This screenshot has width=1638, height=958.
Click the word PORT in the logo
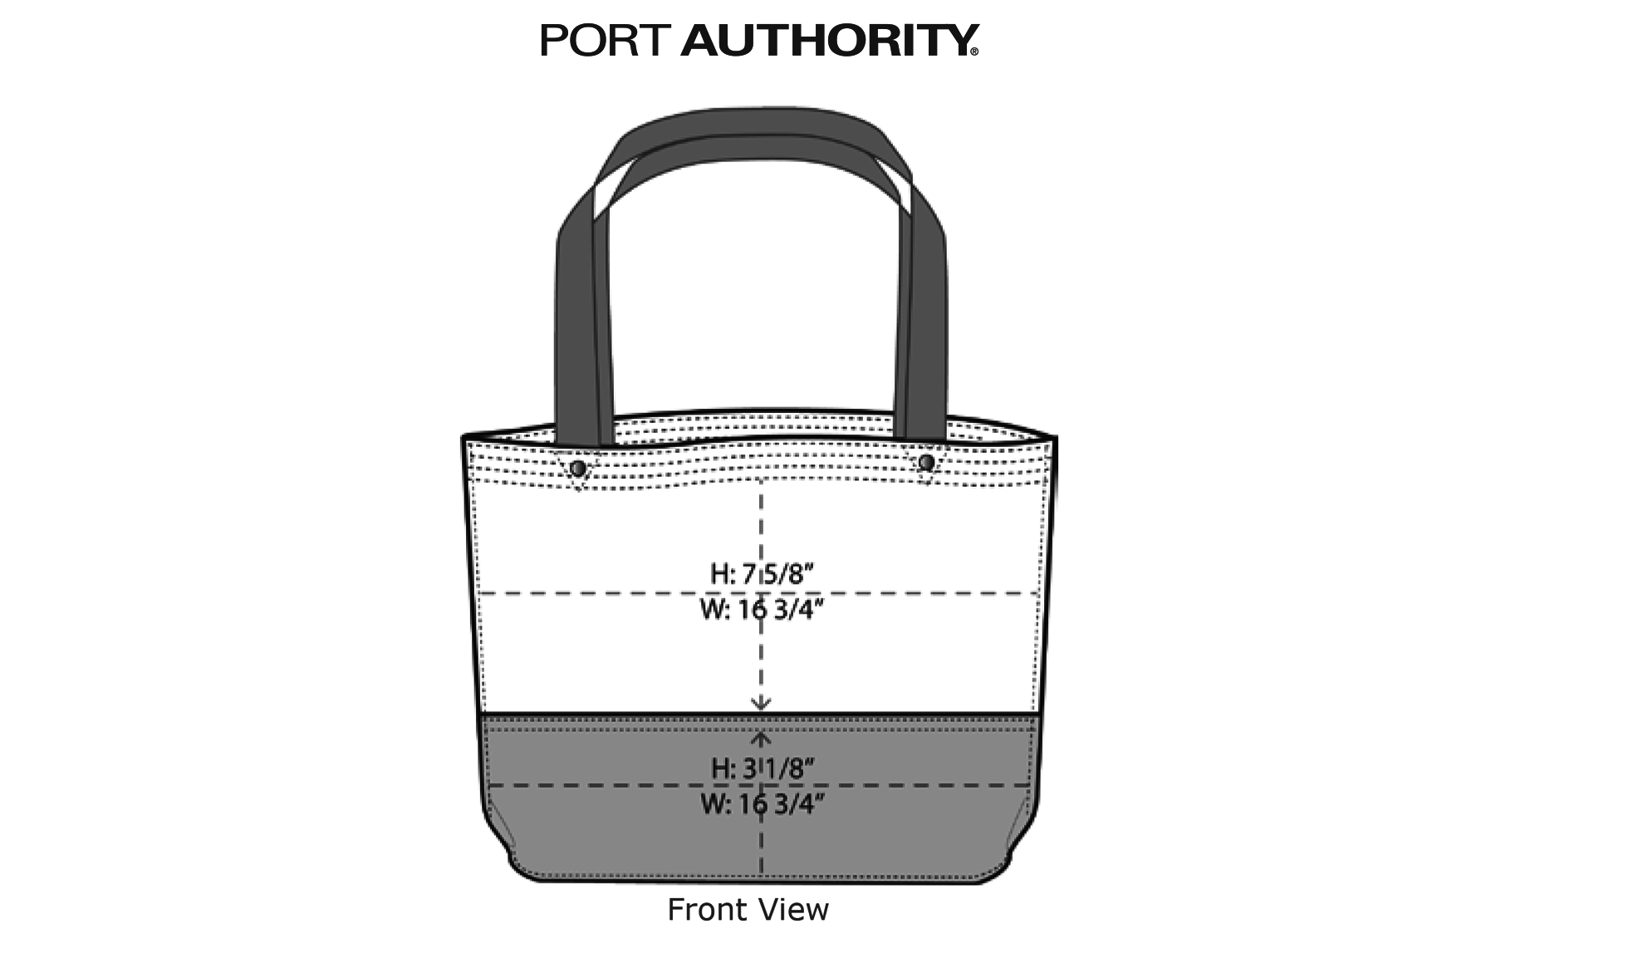(605, 40)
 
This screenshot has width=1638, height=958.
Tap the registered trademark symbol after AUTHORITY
(974, 52)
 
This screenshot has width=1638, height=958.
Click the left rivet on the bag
(578, 469)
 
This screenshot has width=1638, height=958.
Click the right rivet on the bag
(926, 462)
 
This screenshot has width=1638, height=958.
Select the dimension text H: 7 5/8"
(762, 573)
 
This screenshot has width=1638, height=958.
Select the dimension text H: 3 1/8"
(762, 769)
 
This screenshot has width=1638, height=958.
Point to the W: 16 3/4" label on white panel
(762, 610)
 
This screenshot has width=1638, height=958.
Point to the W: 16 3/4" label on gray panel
(762, 804)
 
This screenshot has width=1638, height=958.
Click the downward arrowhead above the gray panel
(761, 704)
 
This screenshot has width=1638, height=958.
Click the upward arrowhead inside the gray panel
(761, 738)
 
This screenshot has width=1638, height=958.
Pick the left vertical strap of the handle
(583, 332)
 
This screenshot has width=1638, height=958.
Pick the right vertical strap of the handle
(920, 332)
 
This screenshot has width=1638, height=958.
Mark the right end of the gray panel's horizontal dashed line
(1034, 785)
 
